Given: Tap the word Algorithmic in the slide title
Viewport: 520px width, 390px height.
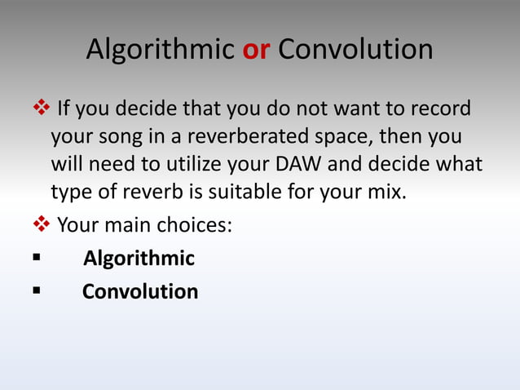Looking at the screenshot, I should (160, 51).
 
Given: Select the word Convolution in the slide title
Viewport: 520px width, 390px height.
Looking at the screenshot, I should (355, 51).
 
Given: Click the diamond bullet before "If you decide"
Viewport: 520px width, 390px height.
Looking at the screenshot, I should (38, 108).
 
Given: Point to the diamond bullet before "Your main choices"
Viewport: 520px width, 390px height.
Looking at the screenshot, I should (38, 224).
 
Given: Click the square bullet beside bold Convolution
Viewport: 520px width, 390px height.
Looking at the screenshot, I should (37, 291).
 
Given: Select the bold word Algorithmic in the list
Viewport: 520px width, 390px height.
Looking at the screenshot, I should (139, 259).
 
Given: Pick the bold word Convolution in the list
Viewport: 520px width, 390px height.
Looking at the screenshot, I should (139, 291).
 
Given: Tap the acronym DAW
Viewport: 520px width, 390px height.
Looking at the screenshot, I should (298, 165).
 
